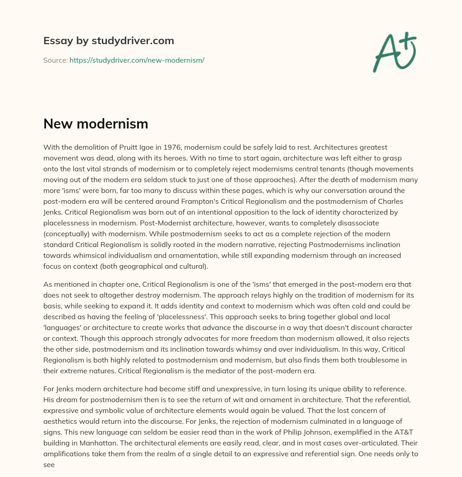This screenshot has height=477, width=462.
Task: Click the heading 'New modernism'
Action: [96, 124]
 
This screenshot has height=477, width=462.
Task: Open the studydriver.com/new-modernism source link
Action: [137, 60]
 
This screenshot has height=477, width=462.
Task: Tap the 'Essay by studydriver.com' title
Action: [109, 41]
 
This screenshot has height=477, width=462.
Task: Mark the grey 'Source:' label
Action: [55, 60]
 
